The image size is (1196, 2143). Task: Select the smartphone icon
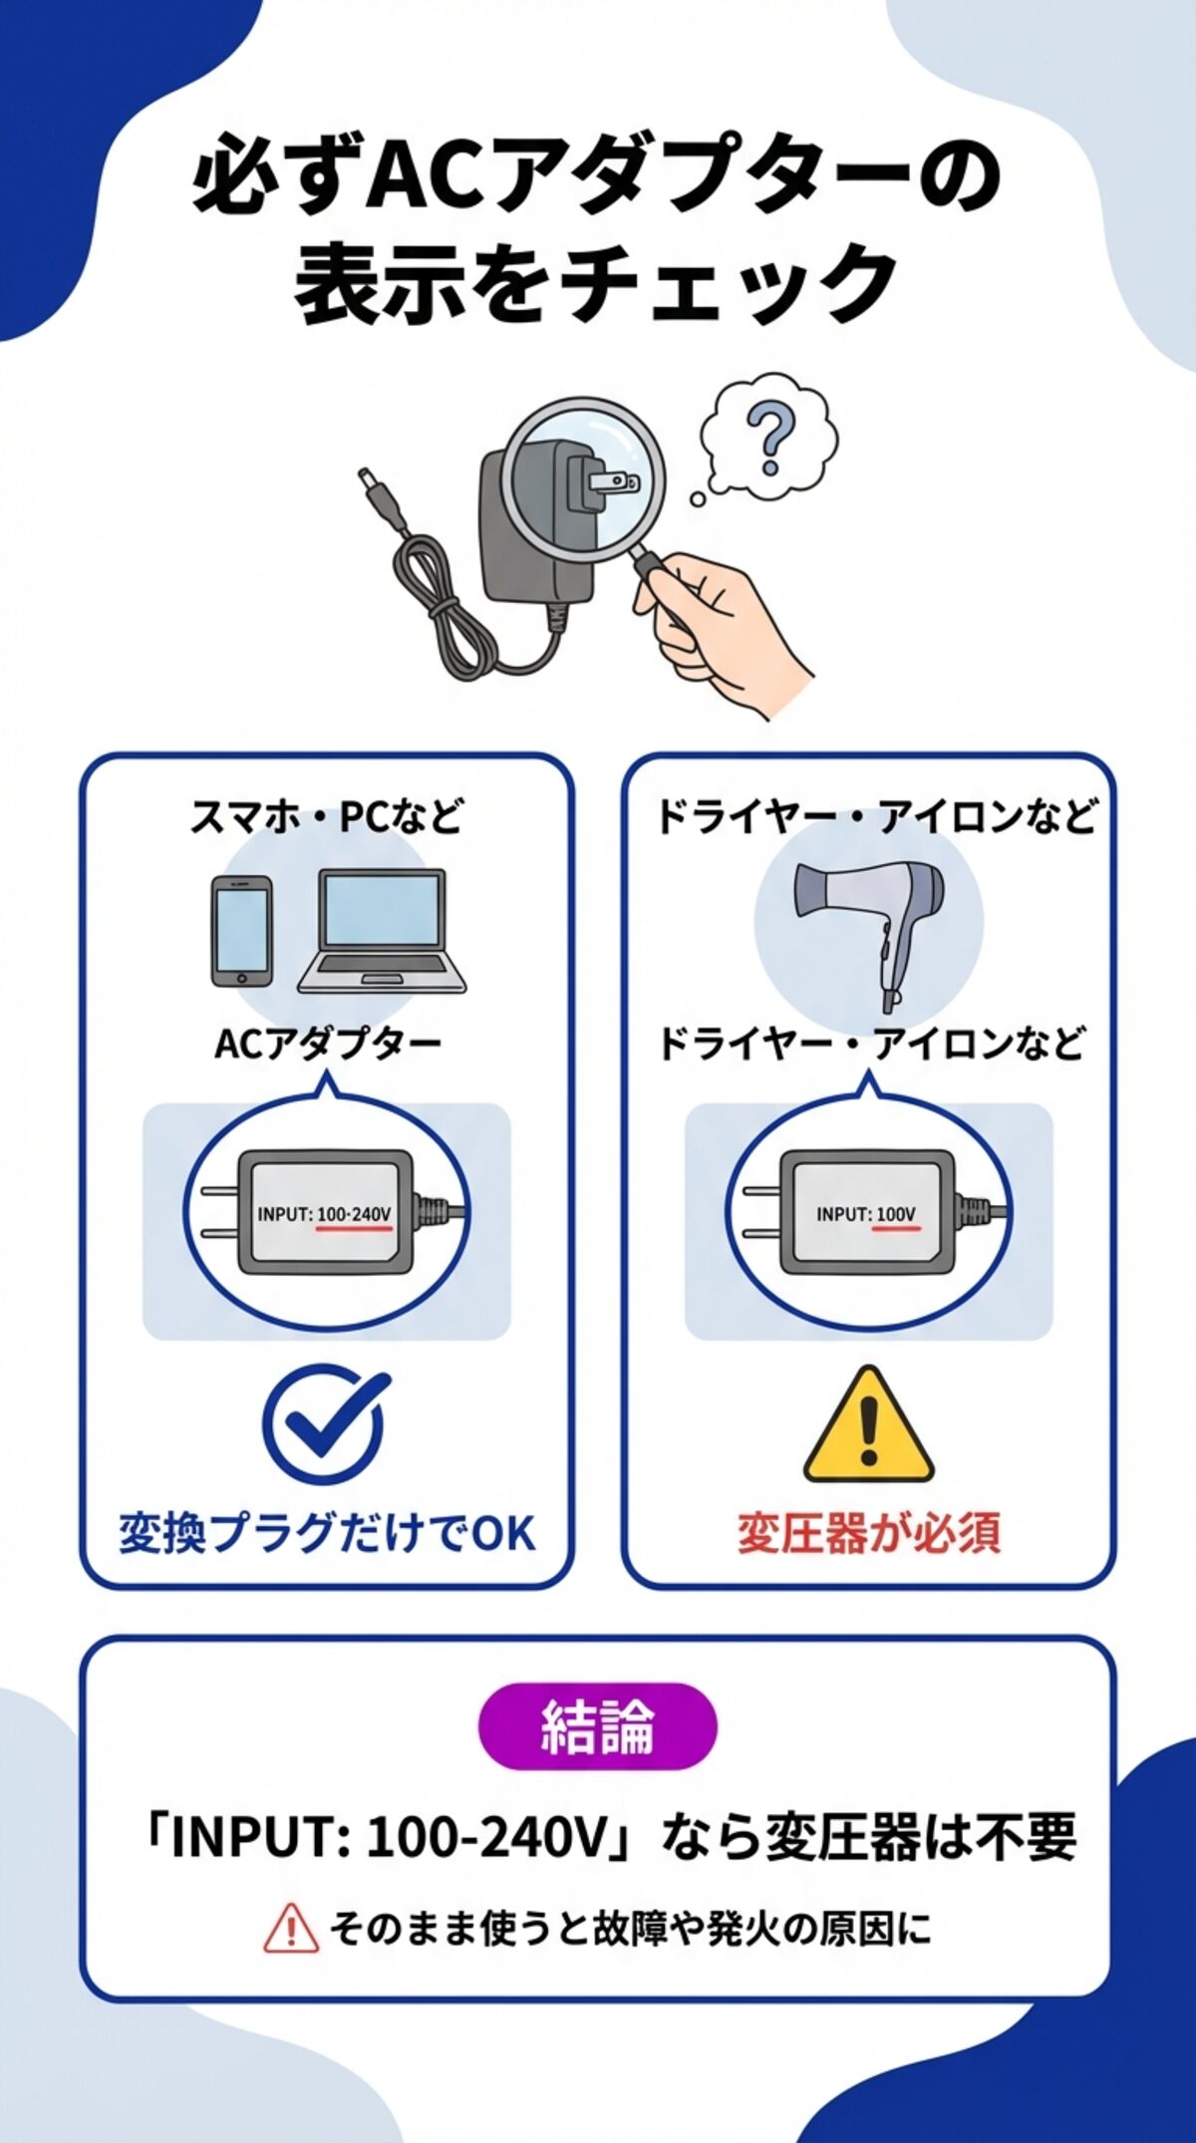(x=241, y=932)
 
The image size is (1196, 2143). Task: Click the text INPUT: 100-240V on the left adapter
(x=324, y=1214)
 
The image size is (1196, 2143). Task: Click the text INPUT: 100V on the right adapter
(x=865, y=1214)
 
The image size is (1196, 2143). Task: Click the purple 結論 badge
(x=598, y=1726)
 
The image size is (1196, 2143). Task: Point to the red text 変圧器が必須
(x=868, y=1533)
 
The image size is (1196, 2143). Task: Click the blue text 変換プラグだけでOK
(x=327, y=1533)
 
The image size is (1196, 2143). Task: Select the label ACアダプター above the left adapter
(x=327, y=1044)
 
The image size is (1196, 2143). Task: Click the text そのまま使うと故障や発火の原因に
(x=630, y=1928)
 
